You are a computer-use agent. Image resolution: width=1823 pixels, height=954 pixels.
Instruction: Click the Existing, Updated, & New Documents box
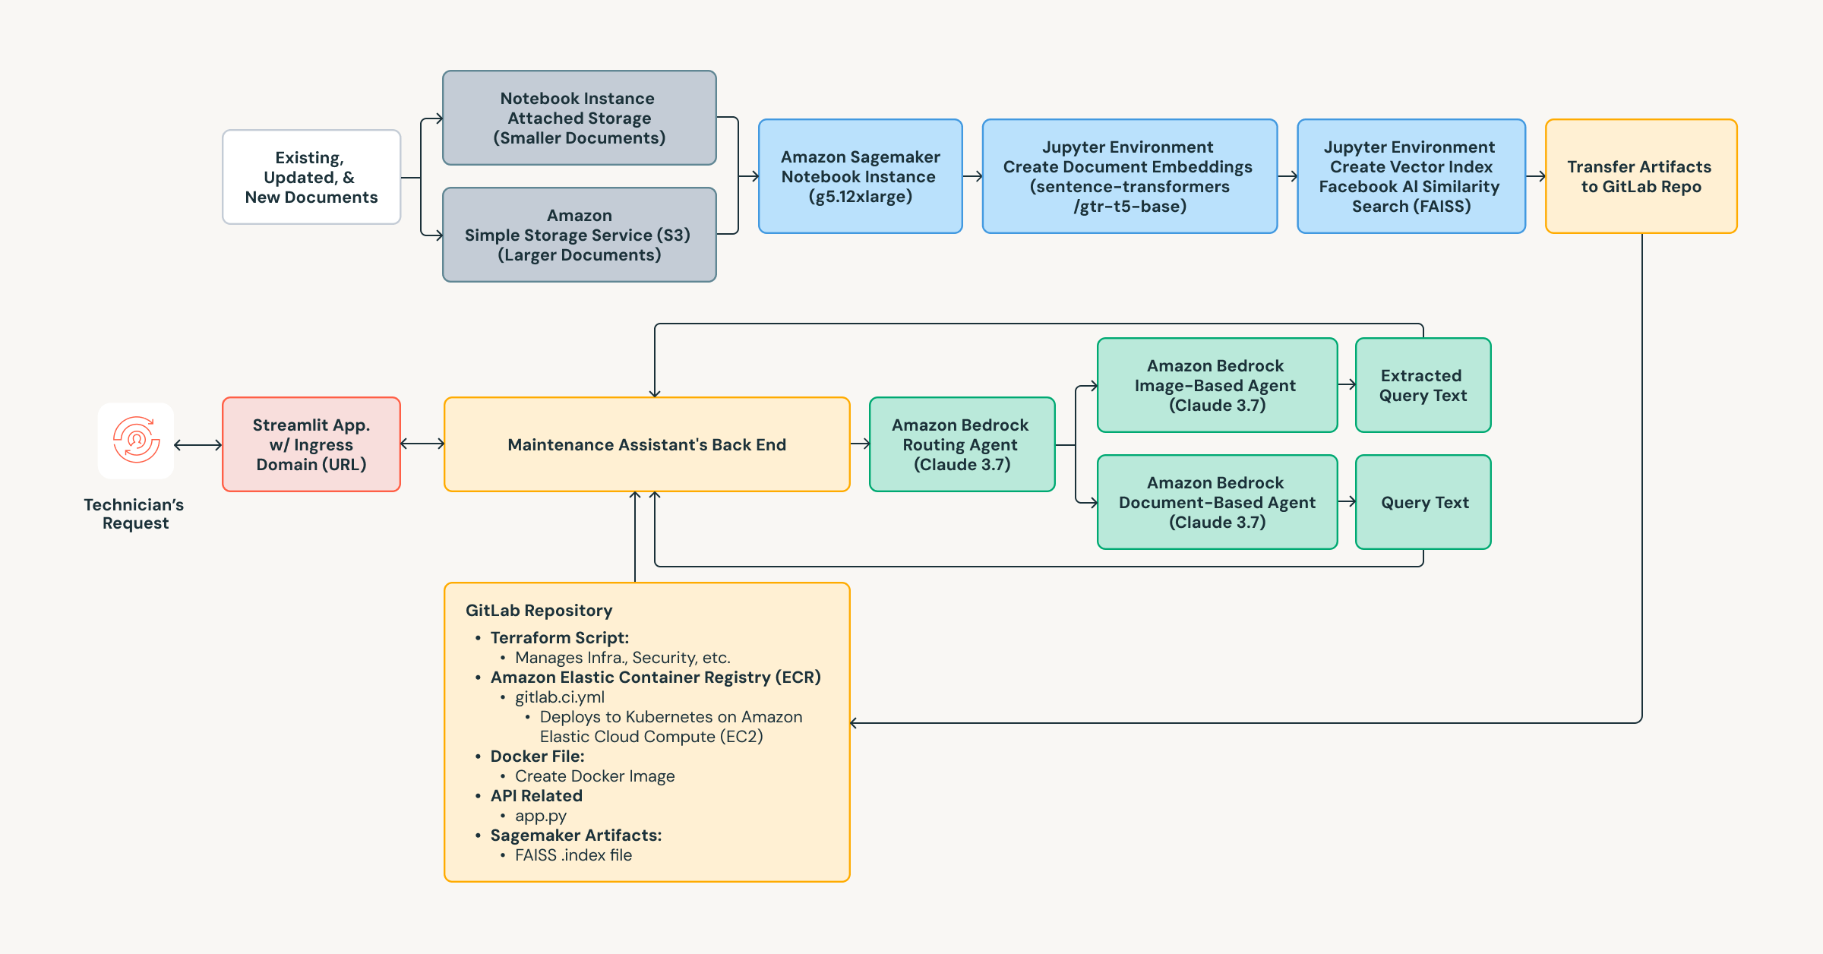point(311,177)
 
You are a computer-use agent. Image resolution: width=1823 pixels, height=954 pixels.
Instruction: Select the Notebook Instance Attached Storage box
point(579,118)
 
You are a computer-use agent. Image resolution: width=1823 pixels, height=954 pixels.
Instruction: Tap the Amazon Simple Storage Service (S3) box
point(579,235)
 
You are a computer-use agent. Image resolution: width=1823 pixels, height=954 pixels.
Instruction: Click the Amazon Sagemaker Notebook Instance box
point(860,176)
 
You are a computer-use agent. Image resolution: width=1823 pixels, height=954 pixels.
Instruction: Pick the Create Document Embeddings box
point(1129,176)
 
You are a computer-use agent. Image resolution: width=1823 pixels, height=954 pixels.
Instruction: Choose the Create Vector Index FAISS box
point(1411,176)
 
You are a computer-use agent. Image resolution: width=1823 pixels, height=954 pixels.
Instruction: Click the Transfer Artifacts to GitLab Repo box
point(1641,176)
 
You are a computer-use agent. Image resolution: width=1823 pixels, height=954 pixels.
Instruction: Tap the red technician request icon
point(136,441)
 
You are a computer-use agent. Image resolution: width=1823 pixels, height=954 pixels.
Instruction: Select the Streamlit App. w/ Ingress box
point(311,444)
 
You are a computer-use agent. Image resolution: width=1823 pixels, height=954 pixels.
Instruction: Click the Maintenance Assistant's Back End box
point(646,444)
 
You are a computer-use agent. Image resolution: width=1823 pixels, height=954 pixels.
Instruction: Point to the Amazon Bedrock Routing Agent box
point(961,444)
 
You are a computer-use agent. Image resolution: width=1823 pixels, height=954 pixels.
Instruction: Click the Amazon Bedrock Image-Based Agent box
point(1216,385)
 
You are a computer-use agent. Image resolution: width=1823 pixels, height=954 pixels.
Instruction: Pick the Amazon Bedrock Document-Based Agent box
point(1216,502)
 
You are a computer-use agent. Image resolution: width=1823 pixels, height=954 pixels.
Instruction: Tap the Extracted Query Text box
point(1423,385)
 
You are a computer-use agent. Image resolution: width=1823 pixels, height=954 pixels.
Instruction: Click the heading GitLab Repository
point(539,611)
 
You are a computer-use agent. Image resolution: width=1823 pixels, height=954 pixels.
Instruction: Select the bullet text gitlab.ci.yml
point(560,697)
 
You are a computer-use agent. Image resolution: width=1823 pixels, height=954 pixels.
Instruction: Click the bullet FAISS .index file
point(573,855)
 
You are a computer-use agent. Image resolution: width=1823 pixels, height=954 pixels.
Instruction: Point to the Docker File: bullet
point(537,757)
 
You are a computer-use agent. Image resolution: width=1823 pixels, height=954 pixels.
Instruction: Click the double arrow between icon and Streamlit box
point(197,445)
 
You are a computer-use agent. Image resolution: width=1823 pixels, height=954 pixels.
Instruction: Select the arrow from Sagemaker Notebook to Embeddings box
point(972,176)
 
